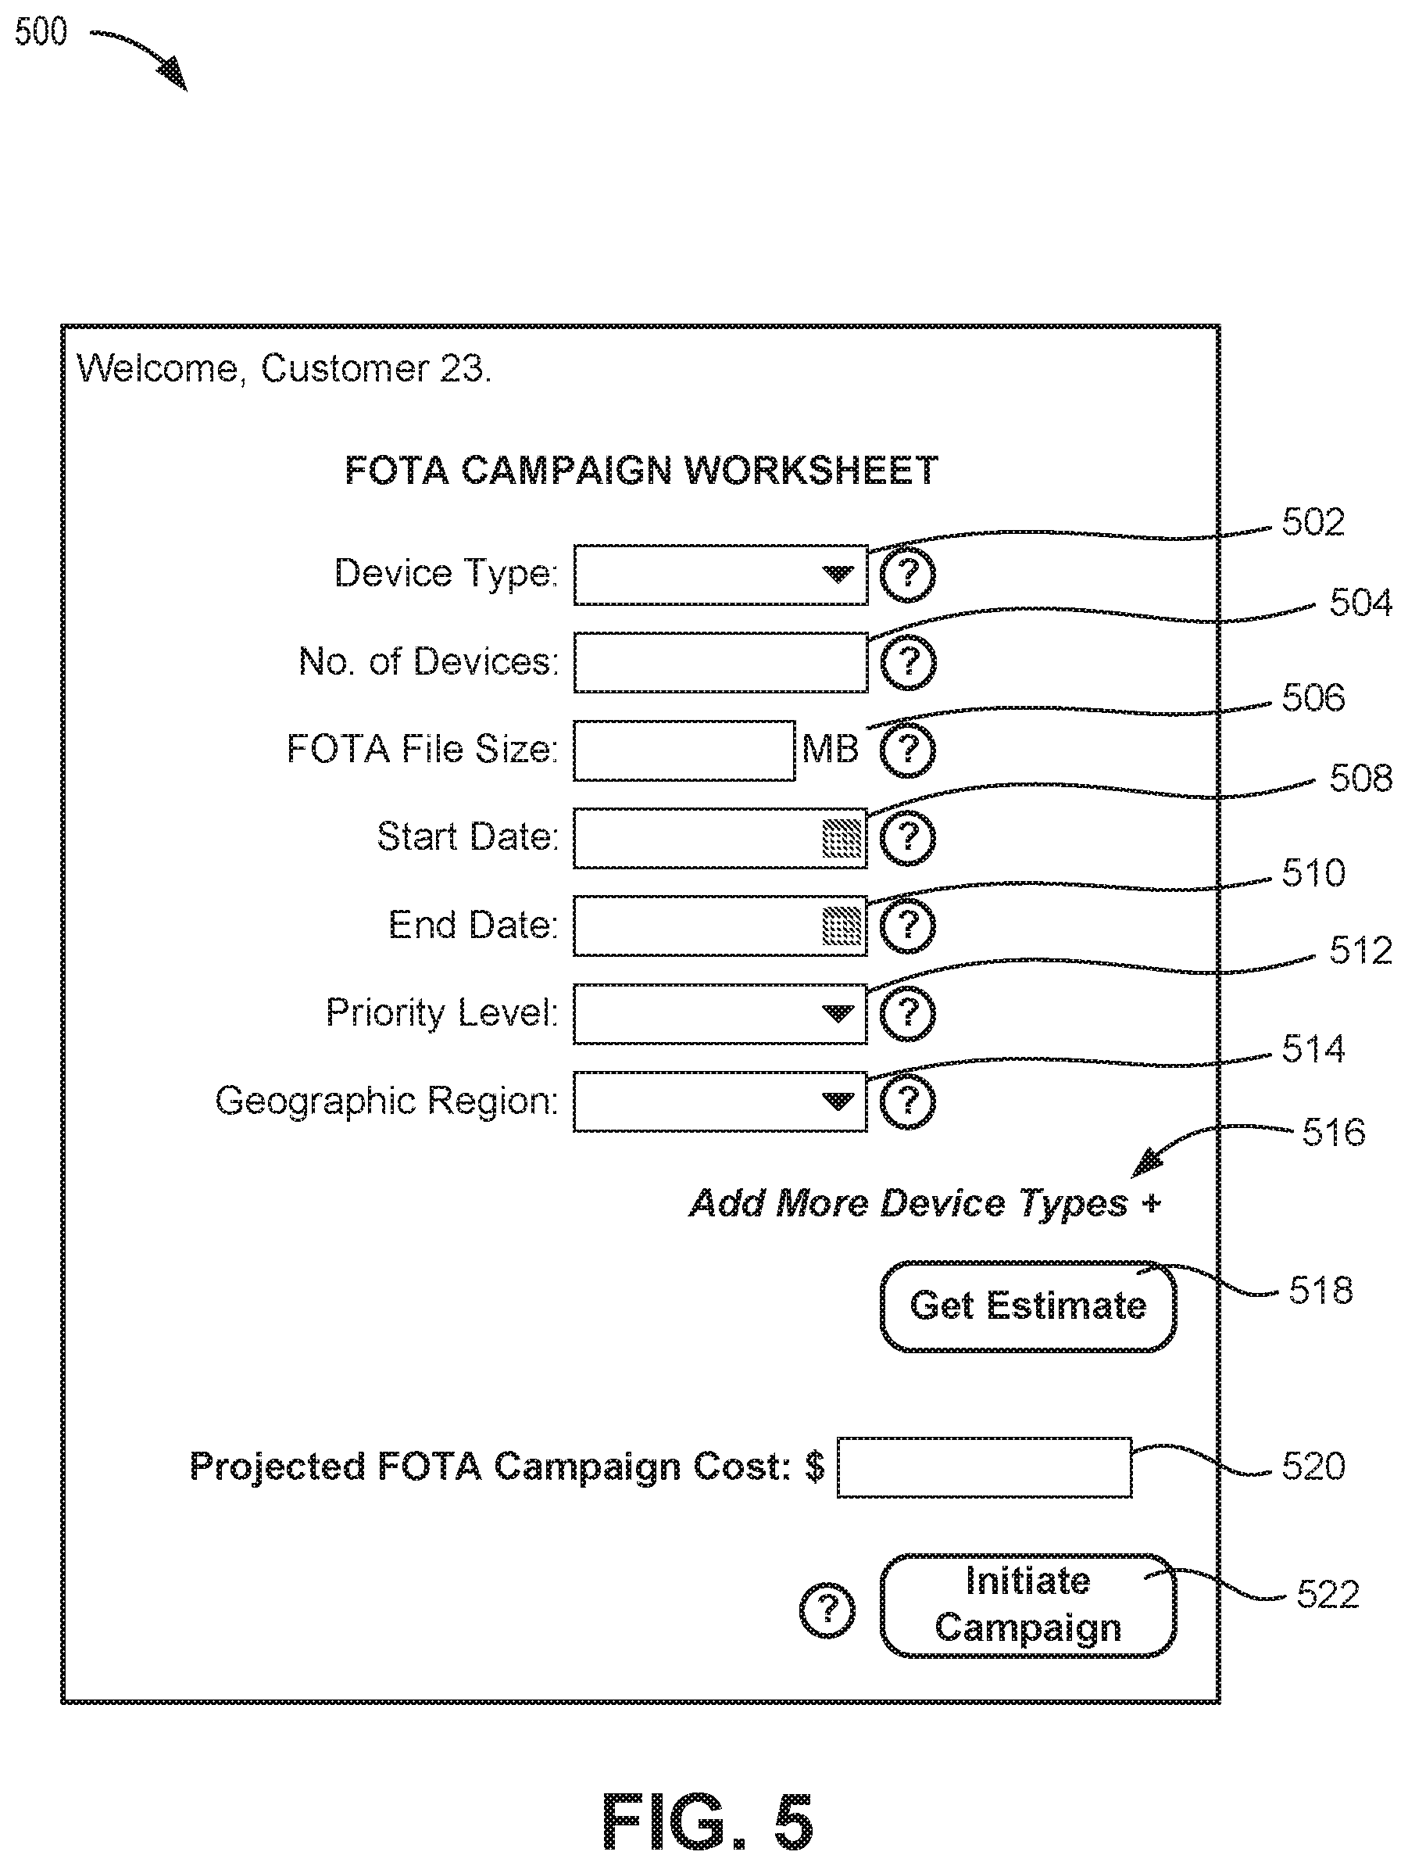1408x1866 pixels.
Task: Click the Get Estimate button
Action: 1027,1305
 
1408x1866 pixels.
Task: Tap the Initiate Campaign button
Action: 1027,1604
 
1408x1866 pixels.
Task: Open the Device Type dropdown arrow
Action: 837,575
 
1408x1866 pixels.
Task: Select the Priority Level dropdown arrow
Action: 837,1013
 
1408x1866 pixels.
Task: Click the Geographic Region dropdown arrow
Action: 837,1101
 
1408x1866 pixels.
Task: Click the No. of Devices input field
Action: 720,663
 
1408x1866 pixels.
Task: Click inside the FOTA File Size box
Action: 684,750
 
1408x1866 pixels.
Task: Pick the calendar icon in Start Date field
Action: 842,838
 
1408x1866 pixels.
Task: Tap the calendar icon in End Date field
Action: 842,926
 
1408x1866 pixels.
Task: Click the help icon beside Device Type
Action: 907,575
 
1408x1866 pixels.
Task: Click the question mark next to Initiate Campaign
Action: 827,1610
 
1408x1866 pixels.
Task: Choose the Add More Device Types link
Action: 925,1203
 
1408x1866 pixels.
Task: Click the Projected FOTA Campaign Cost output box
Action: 984,1468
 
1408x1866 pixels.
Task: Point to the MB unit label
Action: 830,749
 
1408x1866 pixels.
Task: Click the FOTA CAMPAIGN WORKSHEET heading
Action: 641,471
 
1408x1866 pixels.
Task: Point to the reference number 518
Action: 1320,1291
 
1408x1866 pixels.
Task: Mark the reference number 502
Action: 1313,523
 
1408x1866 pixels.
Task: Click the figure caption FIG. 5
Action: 707,1822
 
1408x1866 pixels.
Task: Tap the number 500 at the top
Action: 41,32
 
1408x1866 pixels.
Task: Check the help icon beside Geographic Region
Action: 907,1101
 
